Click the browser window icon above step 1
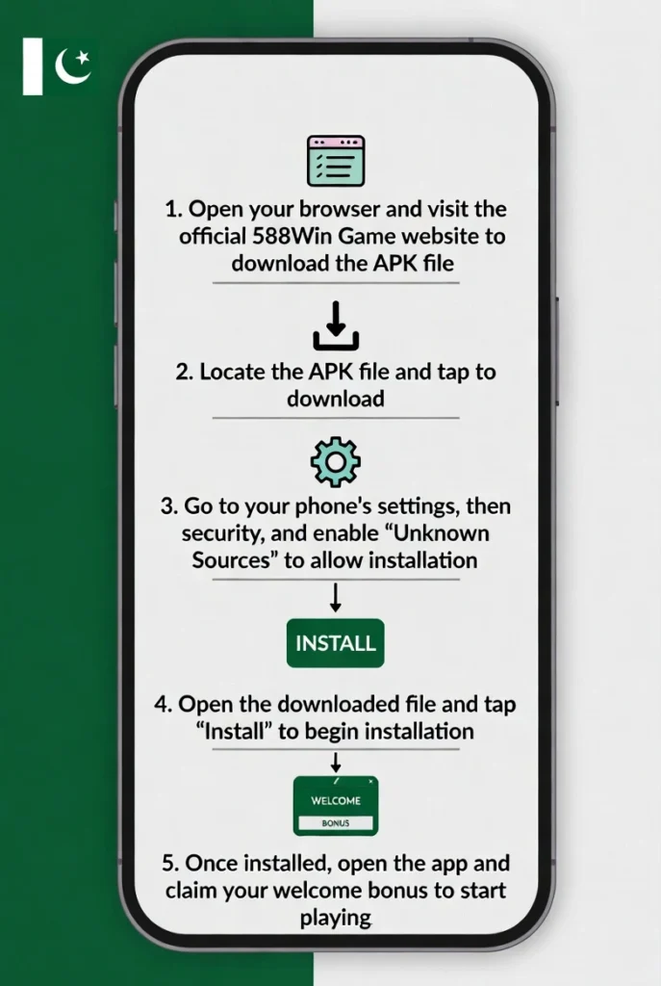click(x=336, y=161)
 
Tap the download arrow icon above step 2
click(x=336, y=325)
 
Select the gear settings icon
click(x=336, y=462)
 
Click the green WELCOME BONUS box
click(x=336, y=806)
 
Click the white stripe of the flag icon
click(x=33, y=66)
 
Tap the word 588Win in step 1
click(x=292, y=237)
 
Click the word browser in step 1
click(x=339, y=209)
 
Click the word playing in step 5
click(x=336, y=918)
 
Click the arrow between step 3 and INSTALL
click(x=336, y=597)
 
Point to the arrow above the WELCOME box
click(x=336, y=763)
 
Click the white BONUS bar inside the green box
click(x=336, y=823)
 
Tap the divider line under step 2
click(x=336, y=418)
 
